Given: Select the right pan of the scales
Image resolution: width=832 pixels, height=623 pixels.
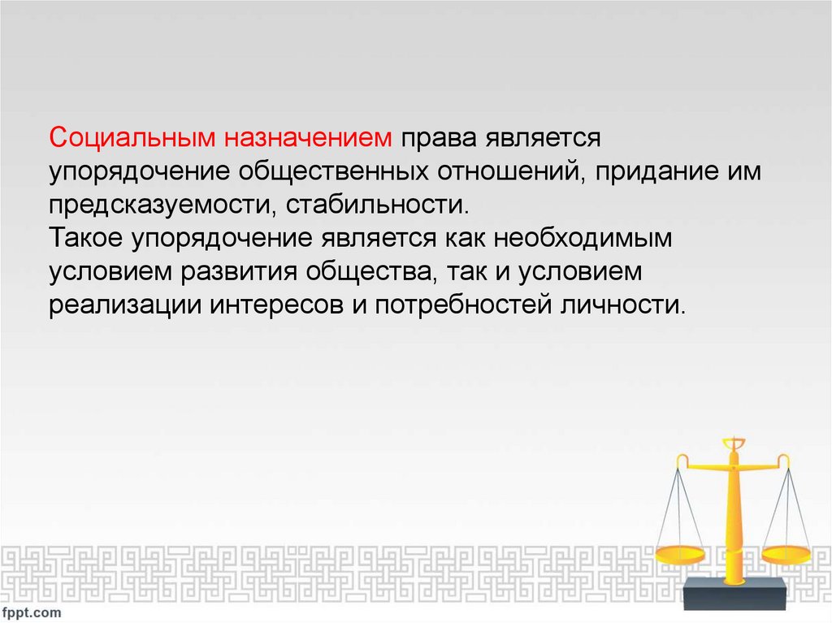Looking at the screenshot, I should pos(786,555).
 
